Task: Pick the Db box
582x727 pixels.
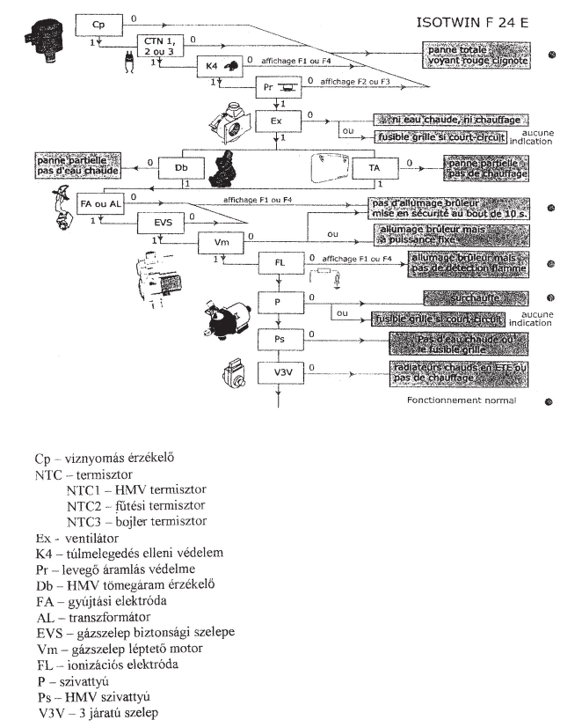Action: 180,167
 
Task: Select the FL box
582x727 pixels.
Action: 279,263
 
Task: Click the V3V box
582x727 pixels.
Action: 278,372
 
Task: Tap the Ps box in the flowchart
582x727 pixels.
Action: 278,339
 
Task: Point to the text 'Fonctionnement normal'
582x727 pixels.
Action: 461,400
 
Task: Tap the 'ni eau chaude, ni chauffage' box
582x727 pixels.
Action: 450,119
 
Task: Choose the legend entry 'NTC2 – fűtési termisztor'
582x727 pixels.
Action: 135,505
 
